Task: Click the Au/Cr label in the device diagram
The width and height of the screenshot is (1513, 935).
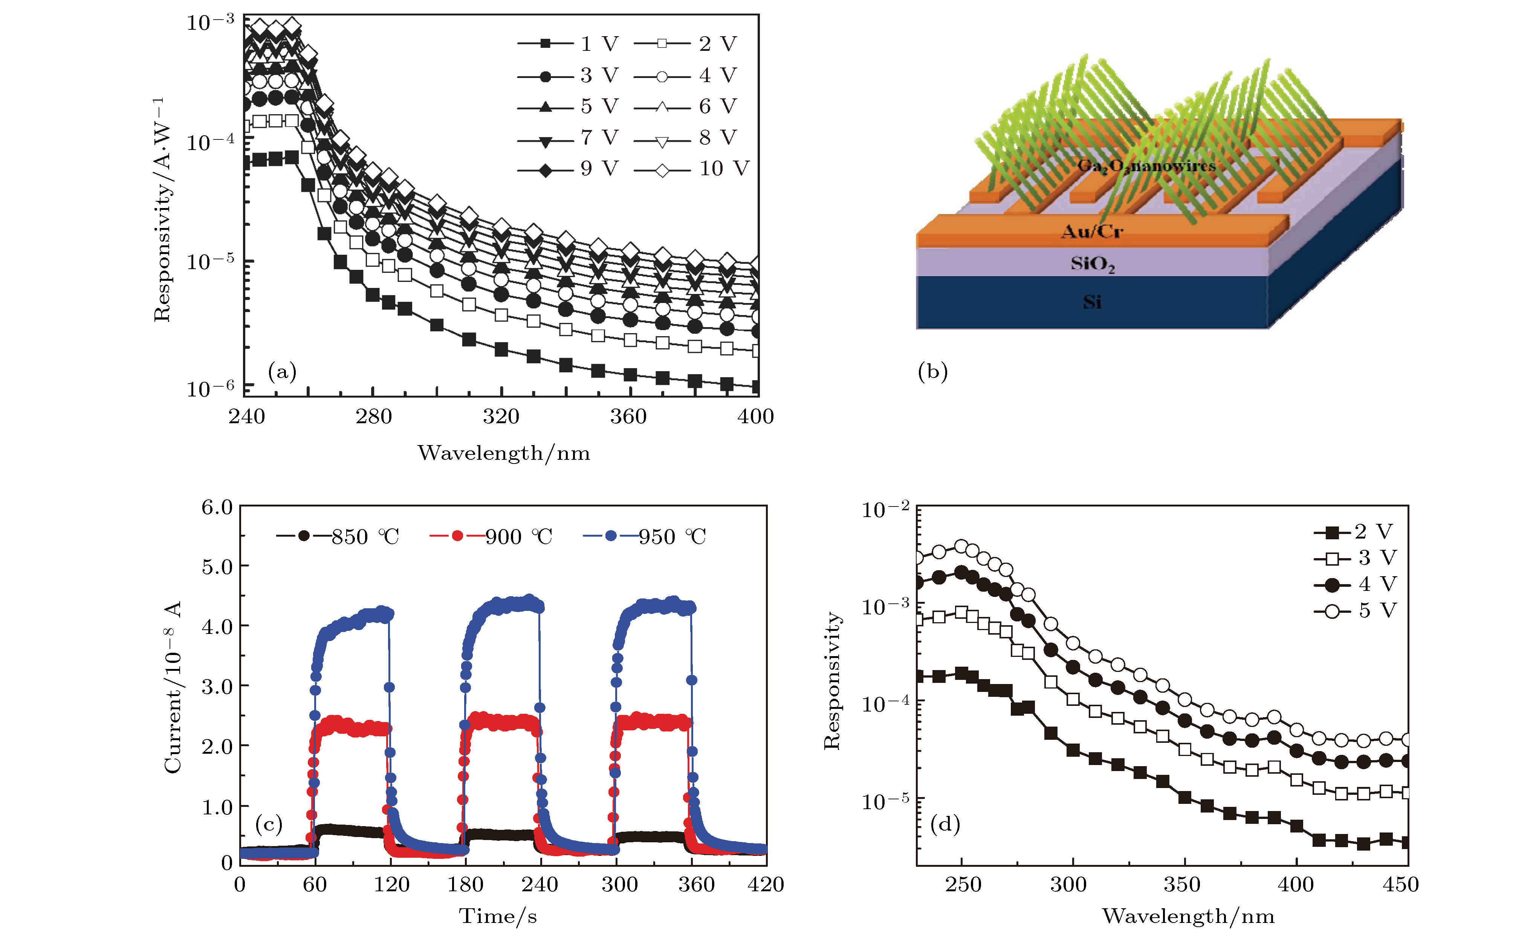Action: click(x=1092, y=232)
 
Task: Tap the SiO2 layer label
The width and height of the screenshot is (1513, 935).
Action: click(x=1093, y=264)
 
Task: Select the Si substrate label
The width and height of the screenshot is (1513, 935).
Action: click(x=1092, y=302)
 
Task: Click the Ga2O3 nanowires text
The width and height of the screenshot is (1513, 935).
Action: click(x=1146, y=166)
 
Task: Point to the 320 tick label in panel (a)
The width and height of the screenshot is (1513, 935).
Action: click(x=501, y=416)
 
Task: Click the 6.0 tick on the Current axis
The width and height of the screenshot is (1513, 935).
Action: click(x=217, y=508)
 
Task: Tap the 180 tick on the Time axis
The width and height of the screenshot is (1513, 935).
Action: click(x=465, y=884)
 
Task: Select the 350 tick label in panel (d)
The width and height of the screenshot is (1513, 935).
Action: click(x=1182, y=884)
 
